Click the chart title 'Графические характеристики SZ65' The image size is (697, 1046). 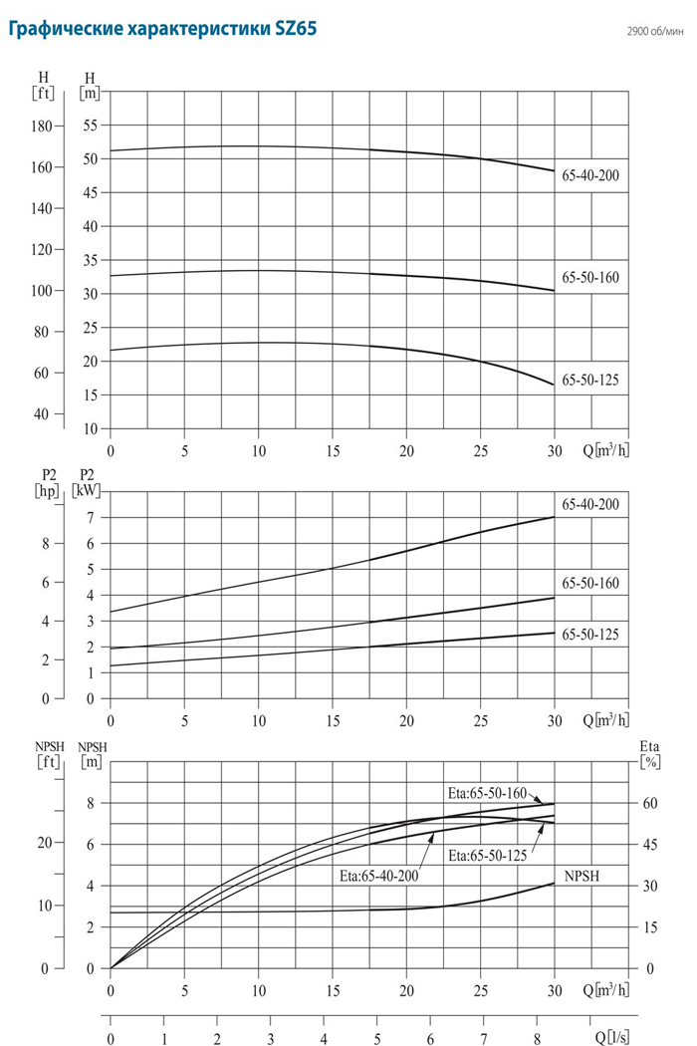(x=161, y=30)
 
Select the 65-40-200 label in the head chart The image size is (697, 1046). (x=589, y=175)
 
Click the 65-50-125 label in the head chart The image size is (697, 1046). (x=589, y=380)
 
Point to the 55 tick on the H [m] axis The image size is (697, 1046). (x=91, y=126)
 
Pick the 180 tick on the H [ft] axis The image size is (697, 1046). (x=42, y=127)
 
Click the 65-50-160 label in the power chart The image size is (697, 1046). (x=589, y=583)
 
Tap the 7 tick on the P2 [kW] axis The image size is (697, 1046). (x=90, y=518)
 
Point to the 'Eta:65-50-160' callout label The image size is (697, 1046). (x=487, y=793)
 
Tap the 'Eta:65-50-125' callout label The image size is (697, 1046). (x=487, y=856)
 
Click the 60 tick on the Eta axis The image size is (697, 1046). (x=650, y=803)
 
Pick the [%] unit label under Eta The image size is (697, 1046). (x=650, y=764)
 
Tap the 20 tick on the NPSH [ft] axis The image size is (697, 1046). (x=43, y=843)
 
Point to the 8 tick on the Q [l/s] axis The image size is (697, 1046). (x=538, y=1037)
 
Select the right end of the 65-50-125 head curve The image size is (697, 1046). (x=554, y=385)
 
